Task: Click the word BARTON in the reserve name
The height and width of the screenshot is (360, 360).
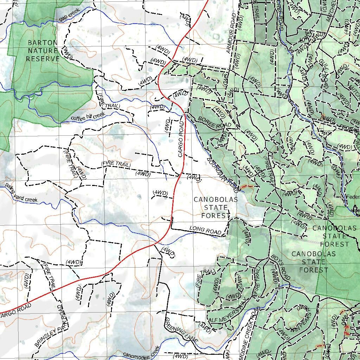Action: click(43, 43)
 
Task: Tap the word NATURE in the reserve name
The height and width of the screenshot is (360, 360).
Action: click(43, 51)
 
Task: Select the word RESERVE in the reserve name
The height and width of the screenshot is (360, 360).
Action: click(43, 59)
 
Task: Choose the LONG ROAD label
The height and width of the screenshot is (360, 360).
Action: click(205, 230)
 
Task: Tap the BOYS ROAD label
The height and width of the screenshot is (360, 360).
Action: click(280, 269)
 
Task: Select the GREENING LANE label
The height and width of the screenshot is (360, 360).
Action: click(181, 331)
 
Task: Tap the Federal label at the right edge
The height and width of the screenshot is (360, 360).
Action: click(353, 197)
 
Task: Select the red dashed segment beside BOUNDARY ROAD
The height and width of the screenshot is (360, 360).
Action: click(247, 186)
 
